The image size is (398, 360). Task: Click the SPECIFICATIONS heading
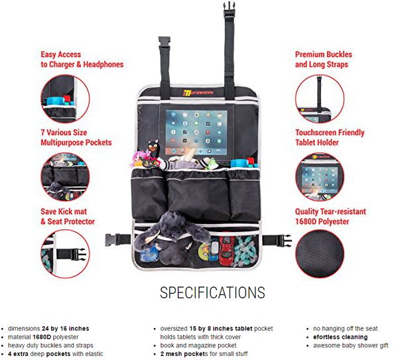tap(212, 292)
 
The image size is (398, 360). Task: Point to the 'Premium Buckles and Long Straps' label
tap(324, 60)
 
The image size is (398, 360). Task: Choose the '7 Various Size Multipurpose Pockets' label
tap(76, 137)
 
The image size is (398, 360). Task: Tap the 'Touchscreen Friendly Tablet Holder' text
tap(330, 137)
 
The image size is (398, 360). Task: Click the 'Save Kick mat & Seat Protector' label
tap(68, 217)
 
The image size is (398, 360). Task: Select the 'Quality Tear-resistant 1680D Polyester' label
tap(330, 217)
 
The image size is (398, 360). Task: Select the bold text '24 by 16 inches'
tap(65, 328)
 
